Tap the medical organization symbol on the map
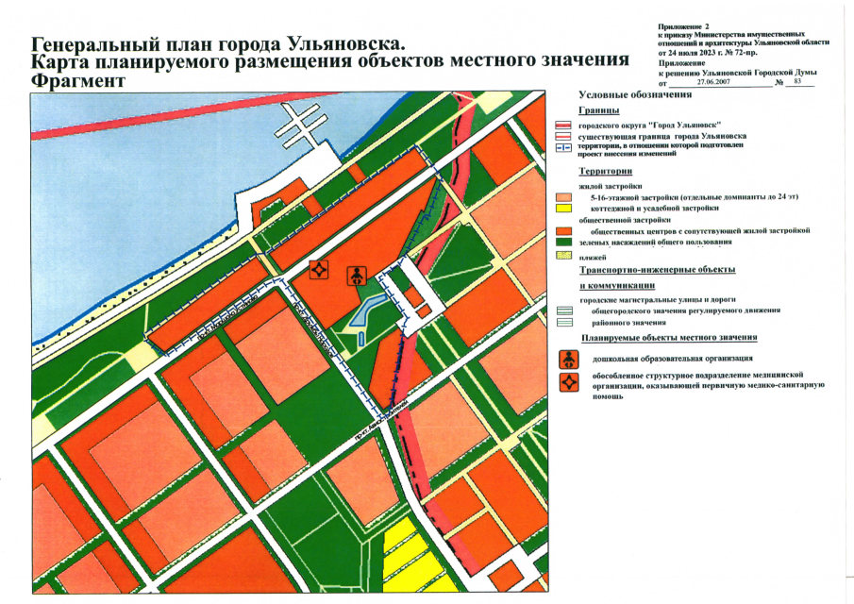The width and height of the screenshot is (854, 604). [x=320, y=268]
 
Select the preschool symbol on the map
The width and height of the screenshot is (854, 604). [x=358, y=275]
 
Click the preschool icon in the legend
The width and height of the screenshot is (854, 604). [x=569, y=359]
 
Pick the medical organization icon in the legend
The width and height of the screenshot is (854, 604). [x=569, y=382]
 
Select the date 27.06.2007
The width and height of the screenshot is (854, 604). [x=718, y=83]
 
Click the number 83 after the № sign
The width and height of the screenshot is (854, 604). [x=798, y=83]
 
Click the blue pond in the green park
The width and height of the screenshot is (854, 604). [x=369, y=310]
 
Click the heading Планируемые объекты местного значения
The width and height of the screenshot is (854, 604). [x=670, y=338]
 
